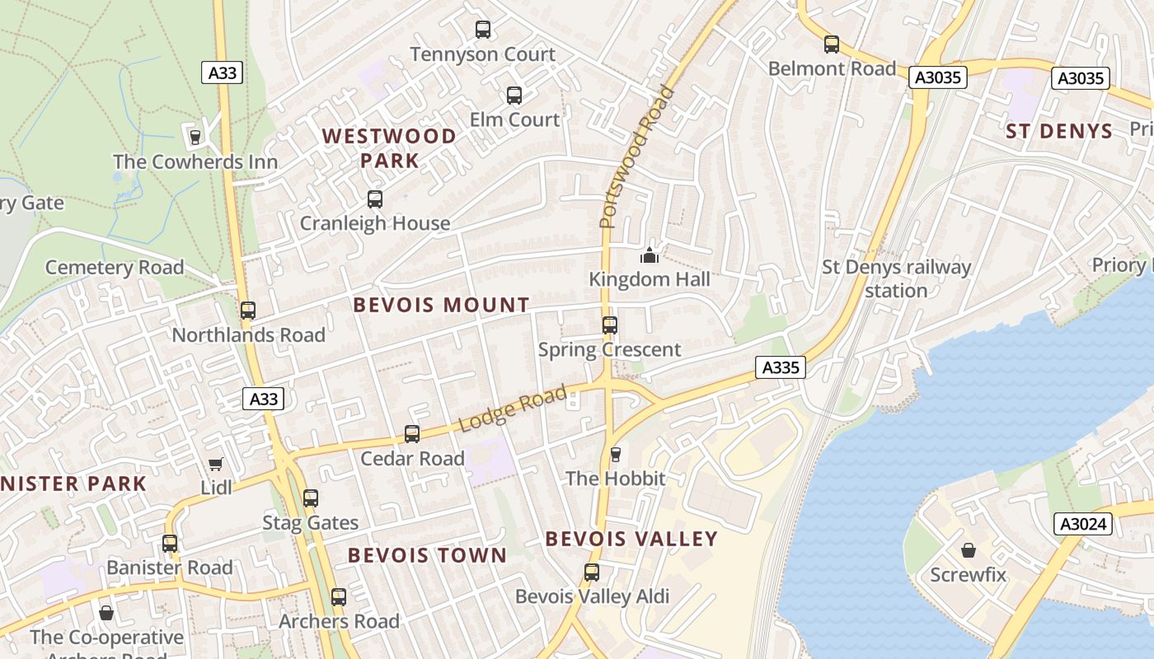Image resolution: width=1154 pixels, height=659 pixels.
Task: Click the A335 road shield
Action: tap(780, 367)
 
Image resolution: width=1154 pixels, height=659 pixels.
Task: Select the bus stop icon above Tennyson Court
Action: tap(483, 30)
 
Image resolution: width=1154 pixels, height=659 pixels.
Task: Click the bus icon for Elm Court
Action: tap(514, 96)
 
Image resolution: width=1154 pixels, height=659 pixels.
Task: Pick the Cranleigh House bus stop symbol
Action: tap(375, 199)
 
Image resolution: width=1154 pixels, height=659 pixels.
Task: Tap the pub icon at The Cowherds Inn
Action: tap(195, 137)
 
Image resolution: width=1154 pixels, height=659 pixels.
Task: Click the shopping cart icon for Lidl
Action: tap(216, 464)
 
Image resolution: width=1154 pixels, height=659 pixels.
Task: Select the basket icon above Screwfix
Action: tap(969, 550)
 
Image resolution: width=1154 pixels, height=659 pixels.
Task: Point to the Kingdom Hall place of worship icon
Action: tap(650, 256)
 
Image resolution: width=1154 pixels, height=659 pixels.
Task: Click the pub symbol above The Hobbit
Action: tap(615, 455)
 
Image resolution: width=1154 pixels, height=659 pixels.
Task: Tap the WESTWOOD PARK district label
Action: tap(389, 148)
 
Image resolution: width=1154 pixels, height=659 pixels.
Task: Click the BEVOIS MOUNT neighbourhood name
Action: tap(441, 305)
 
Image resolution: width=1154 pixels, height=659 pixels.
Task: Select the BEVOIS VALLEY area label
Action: tap(631, 539)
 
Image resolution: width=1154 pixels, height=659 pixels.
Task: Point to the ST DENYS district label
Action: tap(1059, 132)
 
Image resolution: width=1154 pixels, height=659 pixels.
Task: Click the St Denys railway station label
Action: tap(897, 278)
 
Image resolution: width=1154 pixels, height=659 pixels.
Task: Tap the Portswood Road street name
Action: tap(636, 157)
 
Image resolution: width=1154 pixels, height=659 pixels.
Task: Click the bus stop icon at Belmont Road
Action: tap(832, 44)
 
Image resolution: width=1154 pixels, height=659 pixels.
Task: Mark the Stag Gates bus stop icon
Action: tap(311, 498)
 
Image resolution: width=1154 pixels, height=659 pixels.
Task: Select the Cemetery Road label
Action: tap(115, 268)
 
